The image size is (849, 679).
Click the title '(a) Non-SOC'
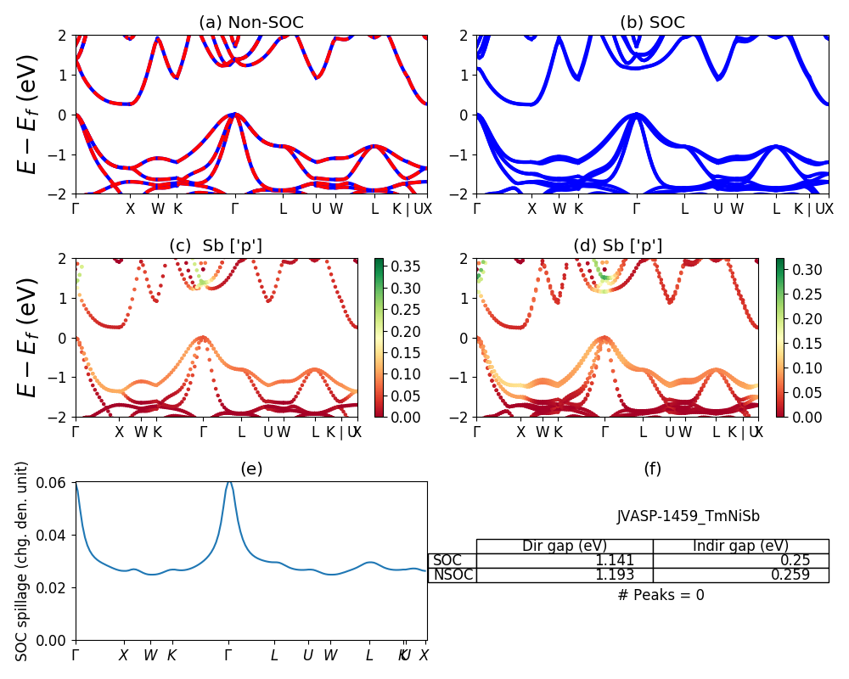(x=251, y=23)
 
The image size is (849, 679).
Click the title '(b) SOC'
(x=652, y=23)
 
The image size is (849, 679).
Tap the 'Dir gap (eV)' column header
(x=565, y=546)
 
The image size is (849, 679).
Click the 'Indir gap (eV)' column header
(x=740, y=546)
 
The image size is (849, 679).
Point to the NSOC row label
(x=452, y=575)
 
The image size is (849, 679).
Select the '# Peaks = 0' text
(x=661, y=595)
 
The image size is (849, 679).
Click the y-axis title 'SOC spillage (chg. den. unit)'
(x=23, y=561)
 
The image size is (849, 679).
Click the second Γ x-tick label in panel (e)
(x=228, y=655)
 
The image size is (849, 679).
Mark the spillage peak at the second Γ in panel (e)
(x=228, y=481)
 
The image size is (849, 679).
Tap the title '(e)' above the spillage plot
(x=251, y=469)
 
